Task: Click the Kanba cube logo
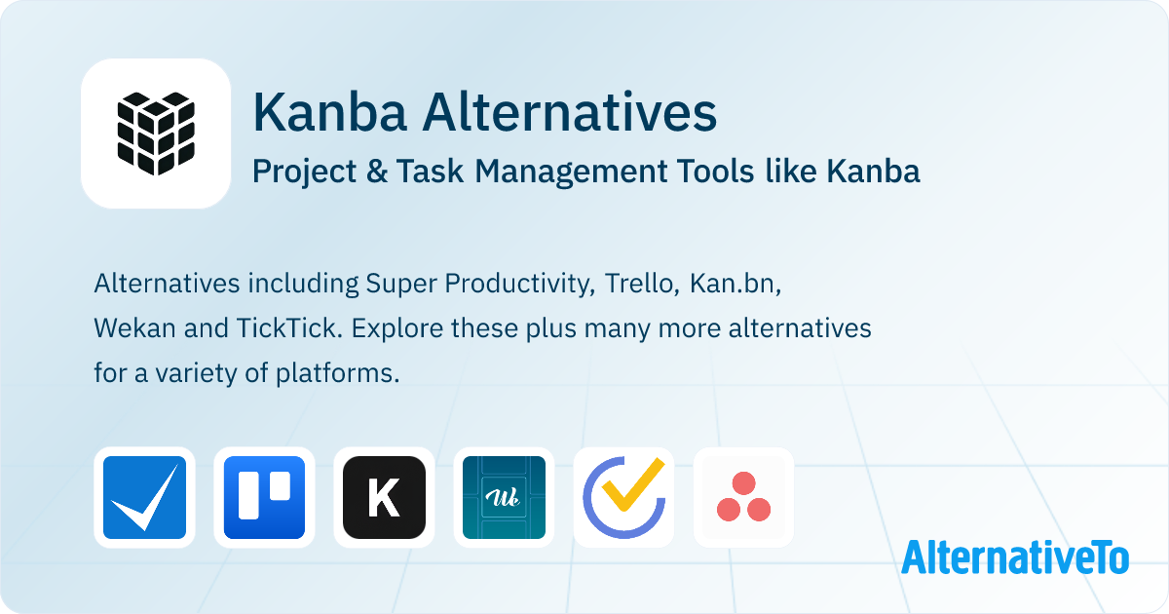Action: (x=156, y=134)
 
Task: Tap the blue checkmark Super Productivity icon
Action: (x=144, y=497)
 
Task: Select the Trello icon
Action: (x=264, y=497)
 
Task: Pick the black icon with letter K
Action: (x=384, y=497)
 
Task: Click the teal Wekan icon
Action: (x=504, y=497)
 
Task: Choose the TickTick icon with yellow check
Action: (x=623, y=497)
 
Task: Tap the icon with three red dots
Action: (x=743, y=497)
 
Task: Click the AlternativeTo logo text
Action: (x=1015, y=557)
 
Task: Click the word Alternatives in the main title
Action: (x=570, y=112)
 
